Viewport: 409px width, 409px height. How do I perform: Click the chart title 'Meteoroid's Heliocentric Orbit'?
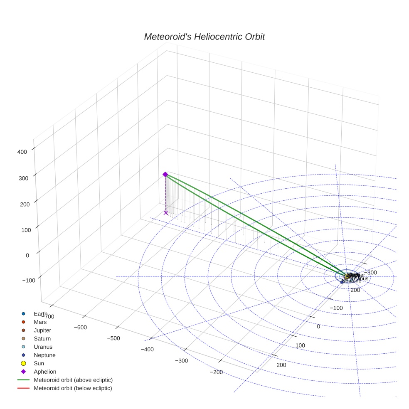pos(204,37)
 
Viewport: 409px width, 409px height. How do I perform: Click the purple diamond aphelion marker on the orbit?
pos(165,174)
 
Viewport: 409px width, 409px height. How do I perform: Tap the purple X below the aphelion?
pos(166,213)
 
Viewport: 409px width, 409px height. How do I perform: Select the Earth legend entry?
pos(40,313)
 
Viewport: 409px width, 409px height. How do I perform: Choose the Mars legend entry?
pos(40,322)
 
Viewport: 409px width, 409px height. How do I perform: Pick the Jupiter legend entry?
pos(42,330)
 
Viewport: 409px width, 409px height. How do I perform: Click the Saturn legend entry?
pos(42,338)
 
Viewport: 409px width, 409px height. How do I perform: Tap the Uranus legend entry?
pos(43,347)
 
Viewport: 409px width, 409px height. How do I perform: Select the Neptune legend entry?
pos(44,355)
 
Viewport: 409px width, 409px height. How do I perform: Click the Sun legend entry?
pos(38,363)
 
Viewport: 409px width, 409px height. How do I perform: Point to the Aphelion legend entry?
pos(45,372)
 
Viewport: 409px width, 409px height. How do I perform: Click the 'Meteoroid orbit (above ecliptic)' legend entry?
pos(73,380)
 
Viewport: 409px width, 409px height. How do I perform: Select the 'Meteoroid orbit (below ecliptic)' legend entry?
pos(73,388)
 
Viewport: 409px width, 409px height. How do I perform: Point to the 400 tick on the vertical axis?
pos(22,152)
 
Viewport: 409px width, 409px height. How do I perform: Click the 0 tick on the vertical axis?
pos(27,255)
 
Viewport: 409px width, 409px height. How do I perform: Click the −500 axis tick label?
pos(113,338)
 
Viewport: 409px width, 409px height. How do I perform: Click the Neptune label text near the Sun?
pos(352,281)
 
